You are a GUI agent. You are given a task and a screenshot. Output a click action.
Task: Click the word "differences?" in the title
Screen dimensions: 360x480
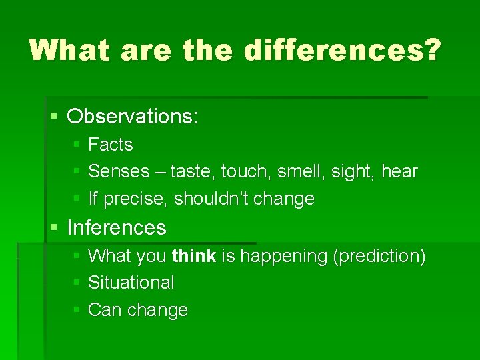pyautogui.click(x=342, y=50)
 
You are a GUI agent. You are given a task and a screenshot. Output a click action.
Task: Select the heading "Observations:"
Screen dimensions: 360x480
pyautogui.click(x=133, y=117)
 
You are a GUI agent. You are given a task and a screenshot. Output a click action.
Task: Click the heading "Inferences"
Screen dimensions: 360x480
pyautogui.click(x=117, y=228)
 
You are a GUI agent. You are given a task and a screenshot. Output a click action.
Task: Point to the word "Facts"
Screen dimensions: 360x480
pyautogui.click(x=111, y=145)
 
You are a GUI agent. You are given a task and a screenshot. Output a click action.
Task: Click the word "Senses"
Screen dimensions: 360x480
pyautogui.click(x=119, y=171)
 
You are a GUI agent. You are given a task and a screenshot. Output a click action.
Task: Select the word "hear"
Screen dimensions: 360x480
pyautogui.click(x=399, y=171)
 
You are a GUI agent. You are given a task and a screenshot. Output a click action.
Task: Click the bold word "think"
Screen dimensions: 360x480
pyautogui.click(x=193, y=256)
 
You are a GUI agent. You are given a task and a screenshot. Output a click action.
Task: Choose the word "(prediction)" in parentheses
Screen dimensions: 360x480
pyautogui.click(x=378, y=256)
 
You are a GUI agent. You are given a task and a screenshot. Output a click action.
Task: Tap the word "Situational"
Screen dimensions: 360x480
pyautogui.click(x=131, y=283)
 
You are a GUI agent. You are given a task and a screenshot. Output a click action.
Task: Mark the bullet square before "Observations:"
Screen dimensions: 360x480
pyautogui.click(x=55, y=117)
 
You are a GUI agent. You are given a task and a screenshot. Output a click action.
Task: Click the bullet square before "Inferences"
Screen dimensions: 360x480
pyautogui.click(x=55, y=228)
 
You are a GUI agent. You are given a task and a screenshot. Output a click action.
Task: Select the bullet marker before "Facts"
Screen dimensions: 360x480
pyautogui.click(x=77, y=145)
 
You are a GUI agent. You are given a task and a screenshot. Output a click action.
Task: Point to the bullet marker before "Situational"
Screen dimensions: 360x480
pyautogui.click(x=77, y=283)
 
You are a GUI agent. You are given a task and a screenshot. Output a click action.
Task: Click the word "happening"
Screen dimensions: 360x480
pyautogui.click(x=283, y=256)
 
